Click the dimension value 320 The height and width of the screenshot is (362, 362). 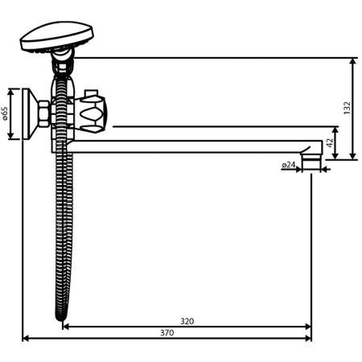pos(187,321)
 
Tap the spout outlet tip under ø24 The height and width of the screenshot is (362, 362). pos(311,165)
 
